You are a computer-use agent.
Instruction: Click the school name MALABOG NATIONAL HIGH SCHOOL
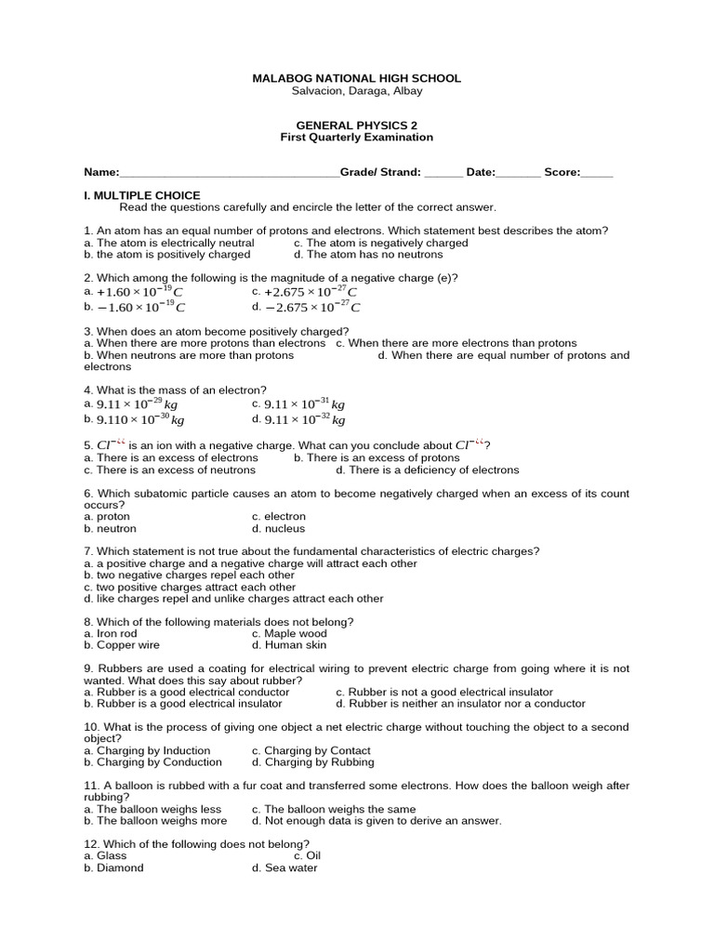click(356, 79)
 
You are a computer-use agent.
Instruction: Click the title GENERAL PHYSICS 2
click(356, 125)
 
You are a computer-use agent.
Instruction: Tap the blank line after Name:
click(230, 173)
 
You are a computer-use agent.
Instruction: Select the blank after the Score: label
click(597, 173)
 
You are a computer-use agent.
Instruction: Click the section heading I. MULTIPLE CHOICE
click(141, 195)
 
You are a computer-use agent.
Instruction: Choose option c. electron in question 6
click(278, 517)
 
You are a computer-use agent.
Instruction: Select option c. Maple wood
click(289, 634)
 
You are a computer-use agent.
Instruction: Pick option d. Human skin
click(289, 645)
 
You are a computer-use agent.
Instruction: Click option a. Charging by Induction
click(147, 750)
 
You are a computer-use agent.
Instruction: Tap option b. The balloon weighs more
click(155, 821)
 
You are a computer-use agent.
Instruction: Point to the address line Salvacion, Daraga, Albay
click(356, 91)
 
